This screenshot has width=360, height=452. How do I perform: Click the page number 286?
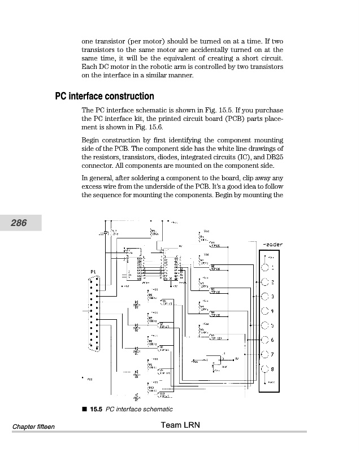(21, 223)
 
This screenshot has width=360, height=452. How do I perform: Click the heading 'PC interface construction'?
(104, 96)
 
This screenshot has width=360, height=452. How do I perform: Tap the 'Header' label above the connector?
(272, 245)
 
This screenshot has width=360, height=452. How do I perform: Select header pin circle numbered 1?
(264, 268)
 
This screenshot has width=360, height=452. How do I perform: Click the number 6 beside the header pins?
(272, 340)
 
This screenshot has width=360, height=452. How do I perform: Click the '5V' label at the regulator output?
(237, 358)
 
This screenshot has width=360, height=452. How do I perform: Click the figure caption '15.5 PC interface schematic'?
(129, 409)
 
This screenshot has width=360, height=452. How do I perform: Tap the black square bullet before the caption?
(84, 408)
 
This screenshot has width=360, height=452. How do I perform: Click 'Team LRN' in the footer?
(180, 425)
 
